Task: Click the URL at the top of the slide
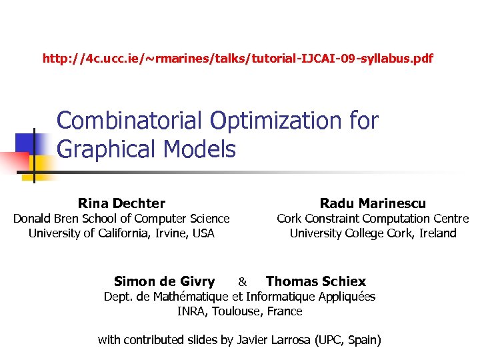(x=237, y=59)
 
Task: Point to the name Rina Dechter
(x=121, y=203)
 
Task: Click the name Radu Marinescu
(x=373, y=203)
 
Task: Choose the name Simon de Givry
(x=164, y=281)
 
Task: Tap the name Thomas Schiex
(x=316, y=281)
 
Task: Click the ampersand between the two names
(x=243, y=282)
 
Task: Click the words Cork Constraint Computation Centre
(x=373, y=219)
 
